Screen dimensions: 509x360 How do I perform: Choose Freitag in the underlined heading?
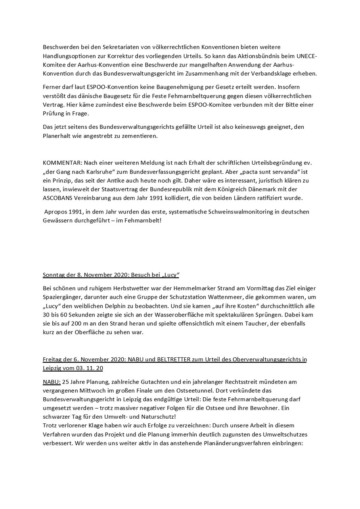tap(53, 359)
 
